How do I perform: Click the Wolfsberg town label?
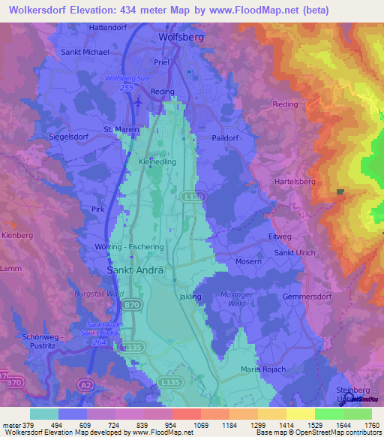pos(182,36)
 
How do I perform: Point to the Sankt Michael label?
pos(85,53)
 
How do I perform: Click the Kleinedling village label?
pos(157,161)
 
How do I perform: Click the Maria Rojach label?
pos(263,369)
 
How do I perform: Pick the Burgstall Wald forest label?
pos(97,294)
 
